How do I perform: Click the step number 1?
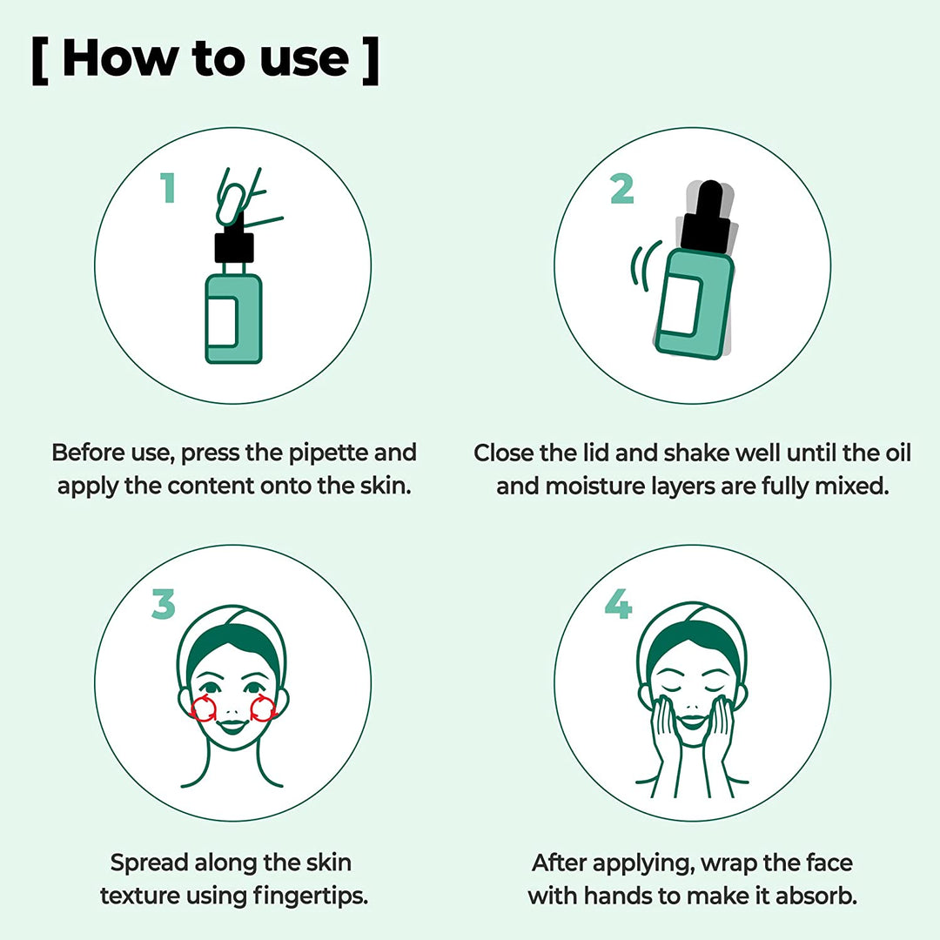pyautogui.click(x=167, y=188)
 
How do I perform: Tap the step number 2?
pyautogui.click(x=621, y=188)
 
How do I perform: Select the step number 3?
pyautogui.click(x=163, y=605)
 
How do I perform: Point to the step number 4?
pyautogui.click(x=618, y=605)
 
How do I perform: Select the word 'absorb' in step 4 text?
pyautogui.click(x=815, y=896)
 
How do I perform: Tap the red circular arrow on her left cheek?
pyautogui.click(x=263, y=709)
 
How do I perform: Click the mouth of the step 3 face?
pyautogui.click(x=233, y=724)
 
